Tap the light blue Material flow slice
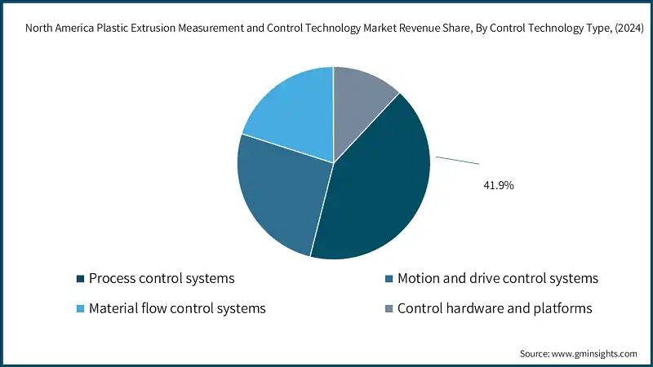290,114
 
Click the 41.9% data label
499,186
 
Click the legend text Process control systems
162,278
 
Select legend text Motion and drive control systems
497,278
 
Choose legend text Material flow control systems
177,308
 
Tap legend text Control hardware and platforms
494,308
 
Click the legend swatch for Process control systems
80,279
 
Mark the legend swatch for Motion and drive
389,279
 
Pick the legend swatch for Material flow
80,309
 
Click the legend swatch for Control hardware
389,309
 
